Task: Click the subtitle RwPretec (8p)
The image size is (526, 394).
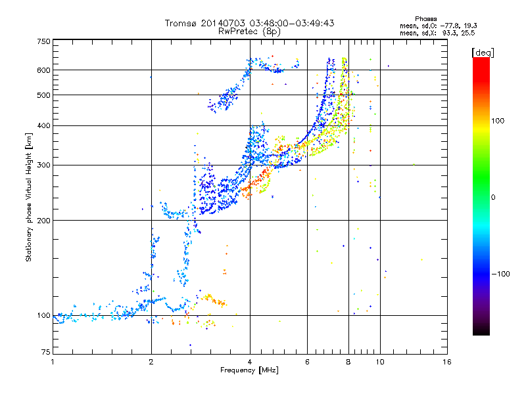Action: (x=249, y=32)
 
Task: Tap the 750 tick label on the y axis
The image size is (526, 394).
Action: (x=44, y=41)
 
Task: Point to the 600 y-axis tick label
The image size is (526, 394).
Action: (x=44, y=70)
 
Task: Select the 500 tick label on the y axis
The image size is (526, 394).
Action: (x=44, y=95)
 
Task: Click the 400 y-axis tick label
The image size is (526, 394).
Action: (x=44, y=125)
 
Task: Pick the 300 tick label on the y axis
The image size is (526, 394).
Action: (x=44, y=165)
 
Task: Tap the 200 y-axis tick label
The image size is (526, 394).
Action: (x=44, y=221)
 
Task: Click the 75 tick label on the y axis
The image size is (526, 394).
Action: (x=46, y=352)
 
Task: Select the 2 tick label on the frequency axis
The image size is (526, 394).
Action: (x=151, y=362)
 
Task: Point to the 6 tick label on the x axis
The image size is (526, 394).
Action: (x=307, y=362)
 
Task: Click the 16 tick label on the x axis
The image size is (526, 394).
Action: (x=447, y=362)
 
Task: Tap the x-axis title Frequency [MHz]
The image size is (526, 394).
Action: (x=249, y=370)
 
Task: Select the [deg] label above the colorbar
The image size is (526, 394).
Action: (x=483, y=53)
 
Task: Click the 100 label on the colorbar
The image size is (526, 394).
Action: (x=498, y=121)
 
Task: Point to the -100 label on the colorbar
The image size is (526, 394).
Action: (x=501, y=274)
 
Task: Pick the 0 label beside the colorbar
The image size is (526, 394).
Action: (x=493, y=198)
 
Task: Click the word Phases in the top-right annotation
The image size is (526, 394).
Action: (x=425, y=19)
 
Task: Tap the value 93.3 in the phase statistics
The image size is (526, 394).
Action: (x=448, y=33)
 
